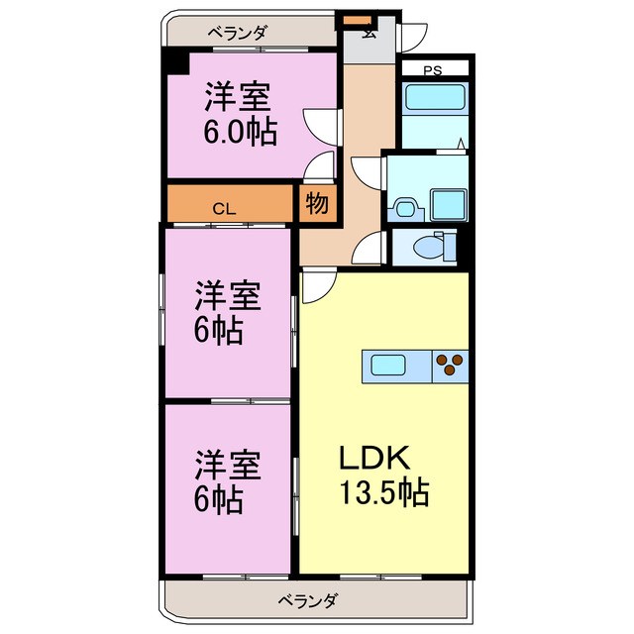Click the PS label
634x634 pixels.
(x=433, y=69)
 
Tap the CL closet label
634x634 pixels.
(x=225, y=208)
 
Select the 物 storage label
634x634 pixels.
(x=317, y=205)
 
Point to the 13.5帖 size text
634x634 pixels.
(x=384, y=491)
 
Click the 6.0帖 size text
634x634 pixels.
(x=240, y=132)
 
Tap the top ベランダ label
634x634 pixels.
(x=237, y=32)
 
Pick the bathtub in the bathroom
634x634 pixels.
(x=432, y=99)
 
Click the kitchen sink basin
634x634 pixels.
(x=385, y=366)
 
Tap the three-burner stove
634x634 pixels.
(x=451, y=366)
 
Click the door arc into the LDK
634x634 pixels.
(x=318, y=287)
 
